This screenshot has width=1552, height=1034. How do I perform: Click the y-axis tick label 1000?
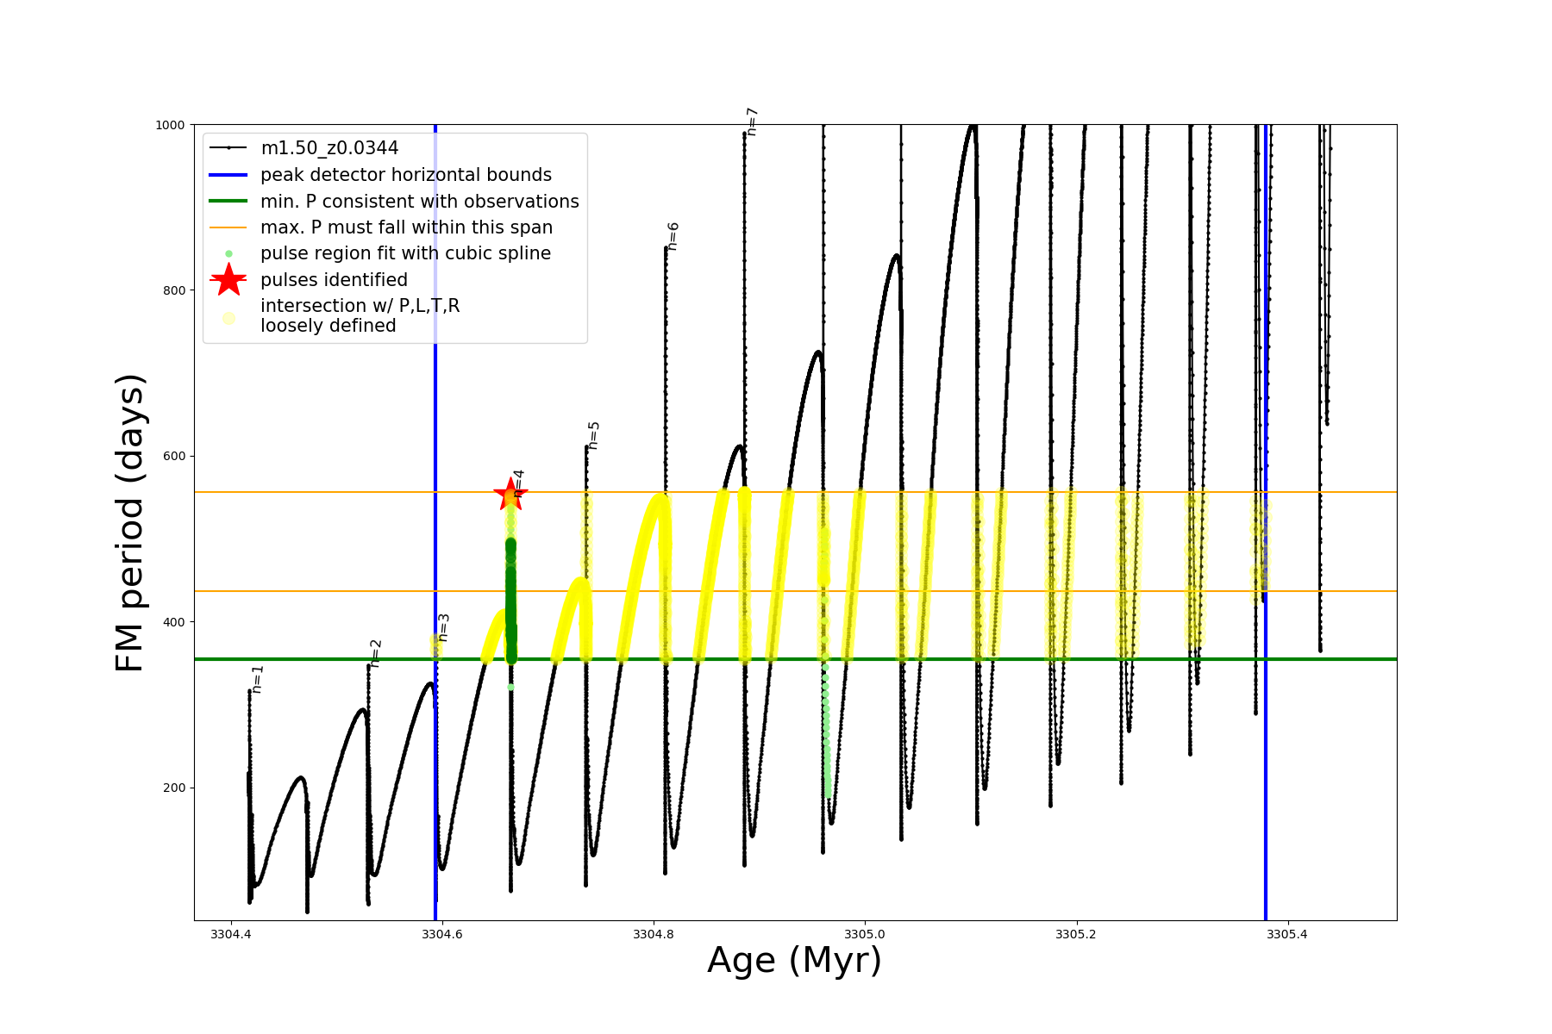click(170, 125)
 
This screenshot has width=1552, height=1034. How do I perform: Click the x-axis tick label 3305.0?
click(865, 934)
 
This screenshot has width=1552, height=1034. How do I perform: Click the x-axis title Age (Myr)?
click(794, 961)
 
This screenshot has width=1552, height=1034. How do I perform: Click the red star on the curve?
click(510, 495)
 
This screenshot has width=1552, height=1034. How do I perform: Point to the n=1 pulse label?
click(257, 679)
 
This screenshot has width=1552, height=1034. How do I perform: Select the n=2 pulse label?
click(375, 653)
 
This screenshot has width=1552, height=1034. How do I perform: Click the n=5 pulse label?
click(593, 435)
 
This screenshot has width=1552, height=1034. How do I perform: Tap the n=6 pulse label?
click(673, 236)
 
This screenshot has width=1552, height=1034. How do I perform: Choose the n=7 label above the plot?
click(752, 121)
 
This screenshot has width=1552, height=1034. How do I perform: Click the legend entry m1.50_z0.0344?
click(329, 148)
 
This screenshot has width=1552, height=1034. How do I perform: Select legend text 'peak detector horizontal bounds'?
click(406, 175)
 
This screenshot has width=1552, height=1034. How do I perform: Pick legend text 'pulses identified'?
click(334, 280)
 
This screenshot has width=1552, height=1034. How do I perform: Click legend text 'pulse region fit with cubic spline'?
click(405, 253)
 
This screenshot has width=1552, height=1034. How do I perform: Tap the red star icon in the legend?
click(228, 279)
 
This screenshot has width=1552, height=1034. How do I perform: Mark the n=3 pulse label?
click(443, 627)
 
